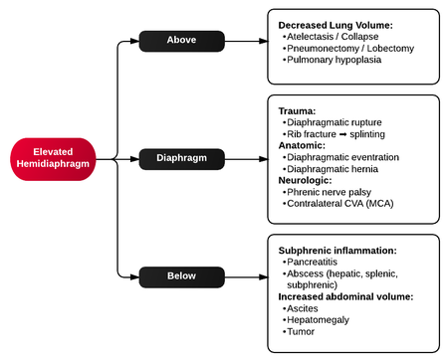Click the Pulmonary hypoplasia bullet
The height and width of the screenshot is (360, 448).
333,60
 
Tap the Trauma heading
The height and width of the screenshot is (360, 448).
299,110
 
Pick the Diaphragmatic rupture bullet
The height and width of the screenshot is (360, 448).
335,122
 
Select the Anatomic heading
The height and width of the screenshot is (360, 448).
304,145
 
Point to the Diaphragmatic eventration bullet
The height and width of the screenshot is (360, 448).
342,157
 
